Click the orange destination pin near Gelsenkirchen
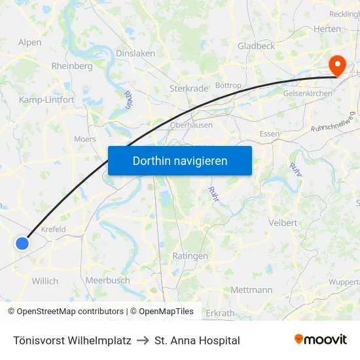tap(338, 65)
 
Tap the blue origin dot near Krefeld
tap(22, 243)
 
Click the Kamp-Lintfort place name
tap(46, 99)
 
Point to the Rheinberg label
tap(72, 66)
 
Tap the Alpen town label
tap(29, 42)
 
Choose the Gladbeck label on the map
tap(256, 46)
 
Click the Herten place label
tap(327, 29)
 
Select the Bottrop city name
tap(228, 86)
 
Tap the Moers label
tap(85, 139)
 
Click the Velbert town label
tap(283, 223)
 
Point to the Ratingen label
tap(190, 256)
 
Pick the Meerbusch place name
tap(107, 281)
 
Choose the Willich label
tap(45, 281)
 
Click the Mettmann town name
tap(251, 289)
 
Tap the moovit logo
tap(320, 340)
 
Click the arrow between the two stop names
tap(143, 340)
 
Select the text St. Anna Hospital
tap(197, 340)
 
